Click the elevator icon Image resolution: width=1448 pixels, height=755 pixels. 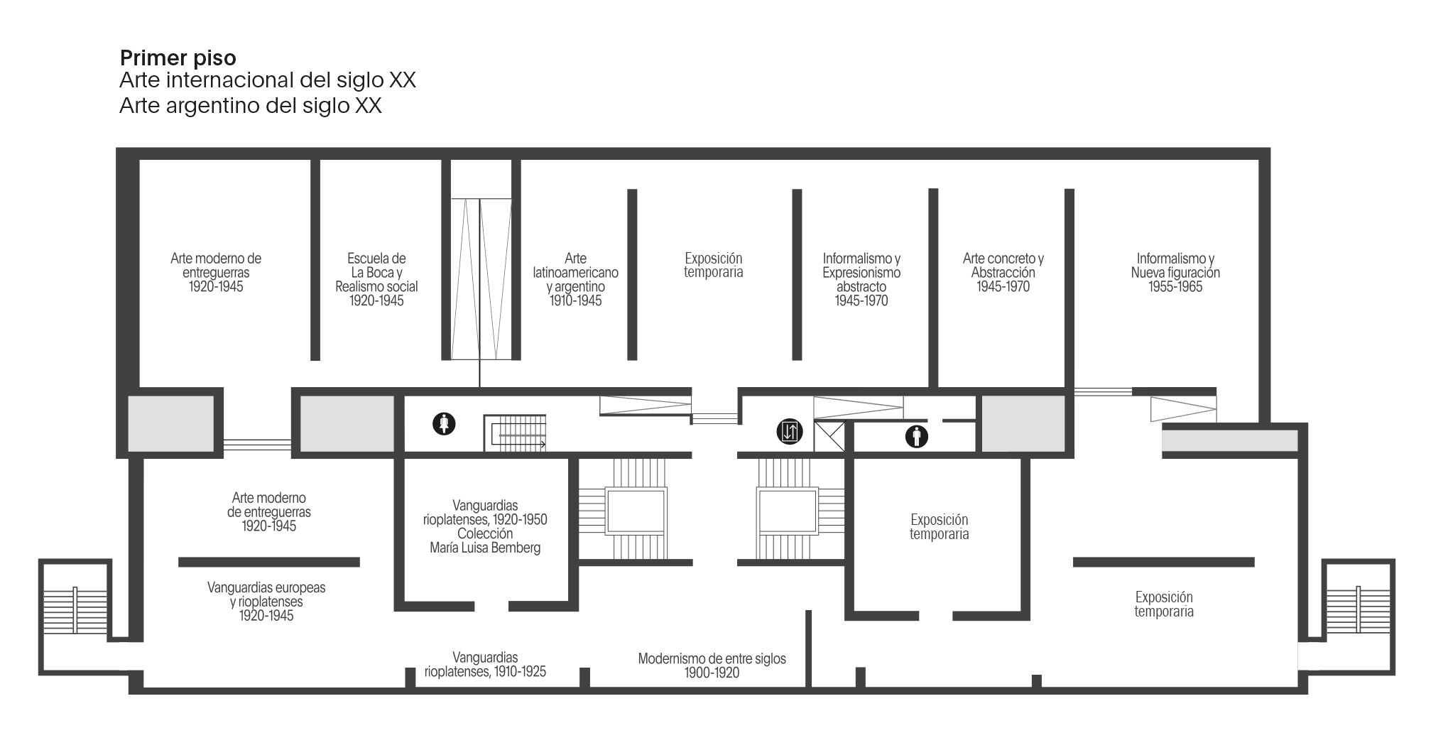coord(790,431)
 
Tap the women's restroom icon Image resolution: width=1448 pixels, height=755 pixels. coord(445,425)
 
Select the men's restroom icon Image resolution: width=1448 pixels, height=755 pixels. coord(917,436)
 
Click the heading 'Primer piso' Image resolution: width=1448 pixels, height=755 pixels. coord(178,58)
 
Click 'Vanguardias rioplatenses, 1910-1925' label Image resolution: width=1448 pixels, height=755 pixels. coord(485,665)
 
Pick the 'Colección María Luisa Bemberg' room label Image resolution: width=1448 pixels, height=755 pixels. coord(485,541)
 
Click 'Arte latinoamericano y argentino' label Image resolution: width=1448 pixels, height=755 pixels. coord(575,280)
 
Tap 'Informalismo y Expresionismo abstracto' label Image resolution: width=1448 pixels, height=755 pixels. coord(861,280)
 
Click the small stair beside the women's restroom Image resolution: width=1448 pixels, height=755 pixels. coord(516,433)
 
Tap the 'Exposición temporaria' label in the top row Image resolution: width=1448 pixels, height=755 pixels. coord(714,266)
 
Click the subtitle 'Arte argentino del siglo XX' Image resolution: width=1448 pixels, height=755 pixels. coord(251,106)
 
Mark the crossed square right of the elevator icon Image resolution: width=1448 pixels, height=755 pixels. coord(829,437)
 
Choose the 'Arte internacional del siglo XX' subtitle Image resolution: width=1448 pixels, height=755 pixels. coord(268,80)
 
